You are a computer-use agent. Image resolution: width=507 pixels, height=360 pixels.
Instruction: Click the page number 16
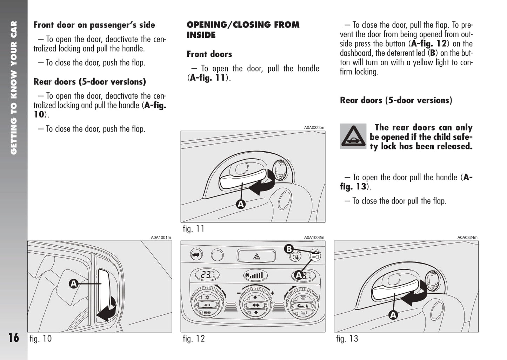click(x=14, y=338)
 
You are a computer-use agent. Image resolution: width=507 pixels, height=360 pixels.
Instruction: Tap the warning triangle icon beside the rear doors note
click(x=353, y=136)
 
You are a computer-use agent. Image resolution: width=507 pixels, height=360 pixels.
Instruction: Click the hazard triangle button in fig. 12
click(x=256, y=256)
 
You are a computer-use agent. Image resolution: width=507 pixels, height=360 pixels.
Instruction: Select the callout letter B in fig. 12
click(x=289, y=249)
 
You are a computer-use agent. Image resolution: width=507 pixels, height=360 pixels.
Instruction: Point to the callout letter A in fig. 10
click(x=73, y=284)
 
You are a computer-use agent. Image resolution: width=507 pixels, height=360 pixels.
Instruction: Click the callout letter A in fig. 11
click(x=241, y=204)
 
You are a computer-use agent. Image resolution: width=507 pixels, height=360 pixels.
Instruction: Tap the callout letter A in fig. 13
click(x=393, y=315)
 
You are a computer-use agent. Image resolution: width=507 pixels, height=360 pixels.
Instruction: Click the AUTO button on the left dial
click(x=207, y=305)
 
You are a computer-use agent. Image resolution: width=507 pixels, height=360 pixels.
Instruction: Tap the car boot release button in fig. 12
click(x=196, y=255)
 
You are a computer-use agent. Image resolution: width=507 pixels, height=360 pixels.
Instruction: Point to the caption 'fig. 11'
click(x=193, y=229)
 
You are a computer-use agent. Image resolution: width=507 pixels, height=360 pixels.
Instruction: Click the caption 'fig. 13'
click(x=347, y=339)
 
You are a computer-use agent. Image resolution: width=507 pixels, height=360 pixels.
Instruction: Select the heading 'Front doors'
click(x=209, y=54)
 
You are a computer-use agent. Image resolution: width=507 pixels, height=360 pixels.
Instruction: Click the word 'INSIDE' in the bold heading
click(x=201, y=35)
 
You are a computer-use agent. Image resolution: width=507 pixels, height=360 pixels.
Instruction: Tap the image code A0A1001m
click(x=161, y=238)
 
